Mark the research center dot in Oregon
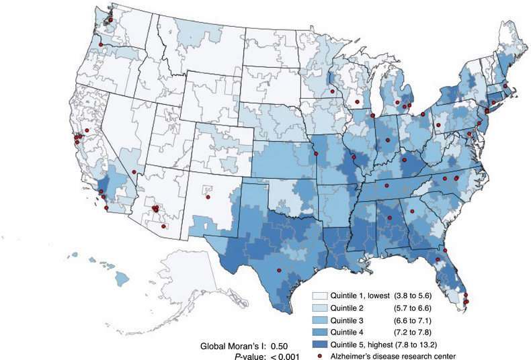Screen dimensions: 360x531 point(100,44)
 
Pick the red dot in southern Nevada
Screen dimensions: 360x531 point(134,173)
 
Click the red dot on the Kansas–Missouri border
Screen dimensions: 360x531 point(314,156)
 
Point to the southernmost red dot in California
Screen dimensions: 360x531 point(107,208)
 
